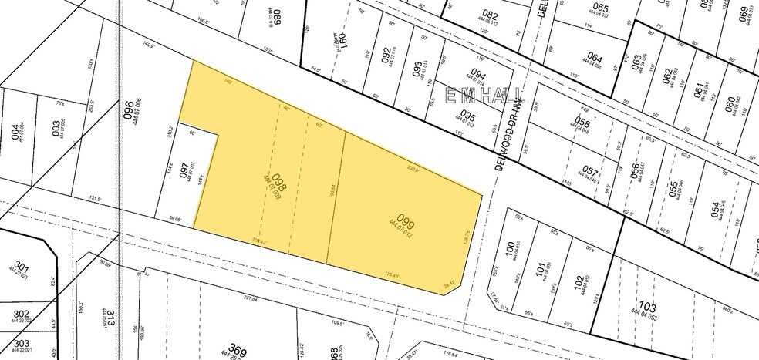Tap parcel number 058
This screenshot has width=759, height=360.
(583, 123)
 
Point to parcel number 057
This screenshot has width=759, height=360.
(590, 171)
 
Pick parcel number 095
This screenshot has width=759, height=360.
(467, 118)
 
